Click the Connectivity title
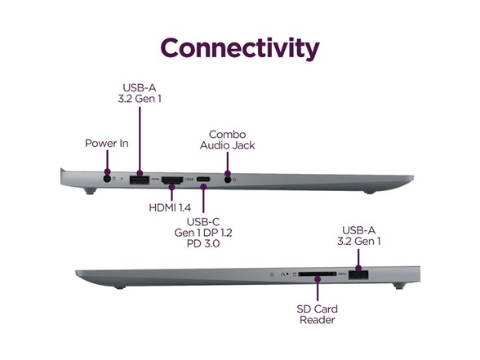(240, 48)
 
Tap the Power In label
(106, 144)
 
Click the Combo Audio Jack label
(227, 140)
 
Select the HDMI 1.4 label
(170, 207)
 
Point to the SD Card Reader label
(317, 314)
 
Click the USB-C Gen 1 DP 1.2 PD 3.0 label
(203, 233)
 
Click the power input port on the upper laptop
(107, 179)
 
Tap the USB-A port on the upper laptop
(140, 180)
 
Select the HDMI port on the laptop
(172, 180)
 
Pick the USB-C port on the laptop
(203, 179)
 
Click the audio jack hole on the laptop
(228, 180)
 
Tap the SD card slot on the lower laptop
(317, 274)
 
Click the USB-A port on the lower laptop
(358, 275)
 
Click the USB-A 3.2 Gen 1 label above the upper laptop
(140, 93)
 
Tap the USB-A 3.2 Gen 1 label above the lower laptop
(359, 236)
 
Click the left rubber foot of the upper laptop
(90, 191)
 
